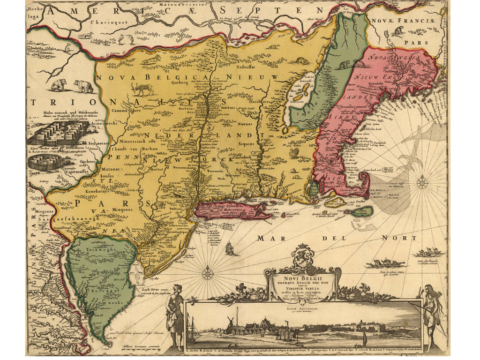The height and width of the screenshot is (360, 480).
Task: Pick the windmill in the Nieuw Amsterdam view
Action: point(231,323)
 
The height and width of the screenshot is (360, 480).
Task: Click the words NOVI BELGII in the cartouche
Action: point(300,275)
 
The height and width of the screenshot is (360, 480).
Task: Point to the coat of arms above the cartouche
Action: point(300,256)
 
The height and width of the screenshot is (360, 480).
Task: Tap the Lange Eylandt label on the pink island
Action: point(220,206)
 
